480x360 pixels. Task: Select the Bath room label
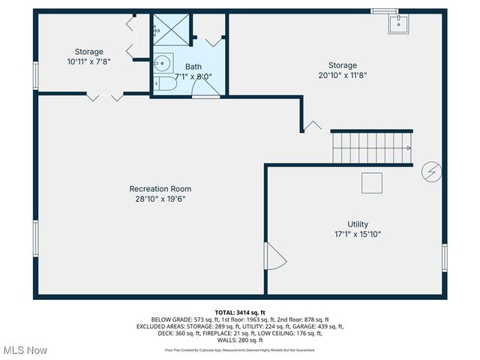193,67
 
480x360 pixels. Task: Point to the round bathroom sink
162,62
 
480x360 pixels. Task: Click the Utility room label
357,224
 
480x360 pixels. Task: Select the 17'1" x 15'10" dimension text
357,235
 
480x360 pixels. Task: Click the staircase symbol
372,148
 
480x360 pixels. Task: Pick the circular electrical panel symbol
431,172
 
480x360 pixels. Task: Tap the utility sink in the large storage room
397,25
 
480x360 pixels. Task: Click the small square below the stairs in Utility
372,183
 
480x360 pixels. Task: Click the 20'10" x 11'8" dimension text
342,75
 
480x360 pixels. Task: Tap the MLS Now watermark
25,350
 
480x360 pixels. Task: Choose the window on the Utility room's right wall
444,257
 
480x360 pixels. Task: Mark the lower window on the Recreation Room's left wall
35,238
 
